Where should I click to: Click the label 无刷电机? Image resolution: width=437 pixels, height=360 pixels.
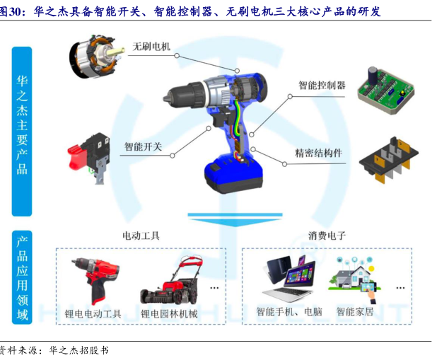tap(151, 46)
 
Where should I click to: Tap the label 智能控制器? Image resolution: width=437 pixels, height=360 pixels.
tap(322, 85)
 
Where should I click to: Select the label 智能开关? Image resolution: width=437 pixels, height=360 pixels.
tap(143, 146)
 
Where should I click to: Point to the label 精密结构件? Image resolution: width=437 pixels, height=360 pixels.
tap(318, 153)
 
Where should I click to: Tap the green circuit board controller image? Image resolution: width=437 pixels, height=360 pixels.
tap(385, 90)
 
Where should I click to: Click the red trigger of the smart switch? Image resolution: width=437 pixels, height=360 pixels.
tap(76, 158)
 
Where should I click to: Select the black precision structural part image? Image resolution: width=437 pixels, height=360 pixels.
tap(389, 160)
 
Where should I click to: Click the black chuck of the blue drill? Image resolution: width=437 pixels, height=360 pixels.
tap(184, 95)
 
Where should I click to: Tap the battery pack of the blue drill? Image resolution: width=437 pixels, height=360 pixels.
tap(233, 174)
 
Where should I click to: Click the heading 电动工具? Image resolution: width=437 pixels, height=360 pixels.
tap(141, 236)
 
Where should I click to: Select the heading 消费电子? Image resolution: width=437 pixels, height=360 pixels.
tap(327, 236)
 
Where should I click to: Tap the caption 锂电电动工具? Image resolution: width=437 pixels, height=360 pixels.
tap(93, 314)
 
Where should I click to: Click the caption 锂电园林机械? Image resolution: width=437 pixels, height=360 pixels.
tap(169, 314)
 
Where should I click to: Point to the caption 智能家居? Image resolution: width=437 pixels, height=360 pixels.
tap(355, 311)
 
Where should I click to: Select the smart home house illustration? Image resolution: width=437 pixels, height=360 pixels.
tap(354, 279)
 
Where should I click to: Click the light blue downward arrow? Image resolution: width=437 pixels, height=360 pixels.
tap(235, 220)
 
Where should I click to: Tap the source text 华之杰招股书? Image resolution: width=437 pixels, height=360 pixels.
tap(79, 350)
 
